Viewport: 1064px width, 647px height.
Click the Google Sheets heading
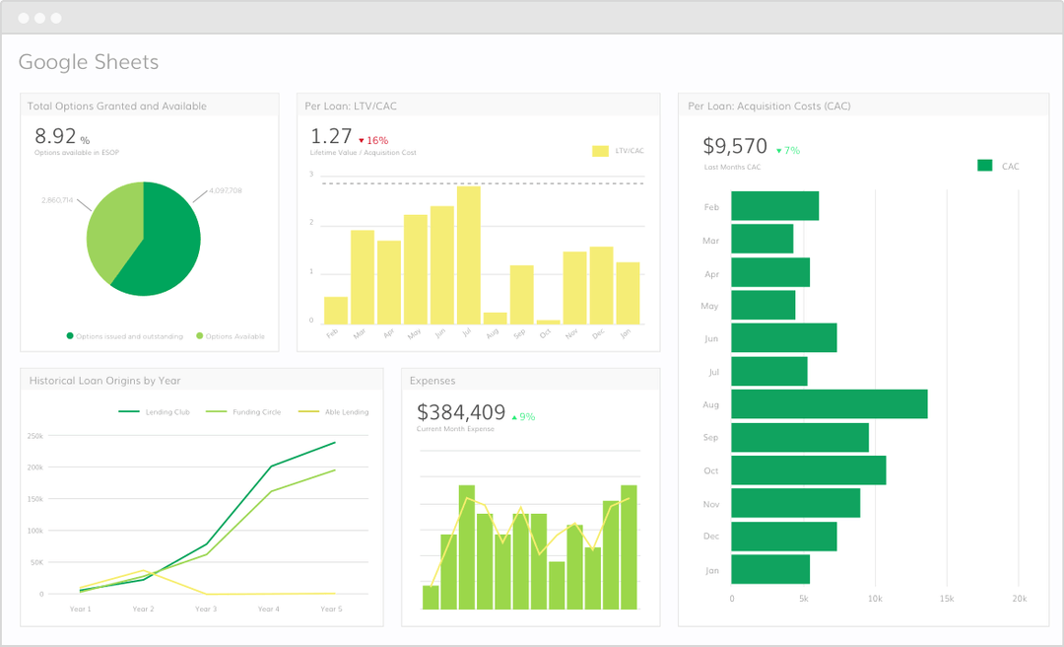[89, 63]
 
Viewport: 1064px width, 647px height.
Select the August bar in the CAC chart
[829, 403]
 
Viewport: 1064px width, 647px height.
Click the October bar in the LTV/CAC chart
[548, 322]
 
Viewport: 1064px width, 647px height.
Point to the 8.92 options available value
[56, 136]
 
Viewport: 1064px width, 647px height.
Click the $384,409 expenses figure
[461, 412]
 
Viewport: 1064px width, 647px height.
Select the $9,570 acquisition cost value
[735, 146]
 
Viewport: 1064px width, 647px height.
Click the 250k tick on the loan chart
[34, 435]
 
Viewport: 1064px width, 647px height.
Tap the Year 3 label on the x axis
[206, 610]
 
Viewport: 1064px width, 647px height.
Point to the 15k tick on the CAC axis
[947, 599]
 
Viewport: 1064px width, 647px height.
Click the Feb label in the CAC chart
[711, 207]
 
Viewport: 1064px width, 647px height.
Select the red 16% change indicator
[373, 140]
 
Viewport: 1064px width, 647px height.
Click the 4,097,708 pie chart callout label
[226, 191]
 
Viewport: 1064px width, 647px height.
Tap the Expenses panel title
[432, 380]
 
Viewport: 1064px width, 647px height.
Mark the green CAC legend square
[984, 166]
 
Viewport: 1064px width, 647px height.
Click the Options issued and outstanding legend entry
[124, 336]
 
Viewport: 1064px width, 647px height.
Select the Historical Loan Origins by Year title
[104, 380]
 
